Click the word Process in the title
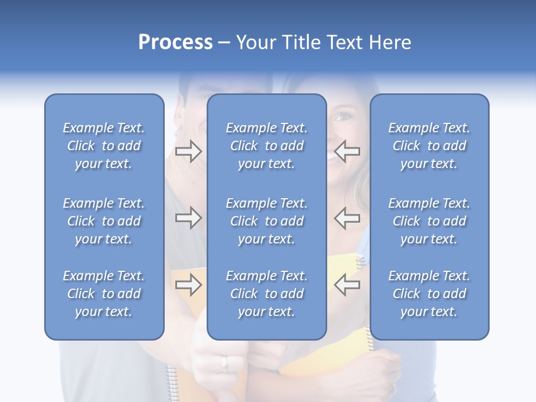pyautogui.click(x=175, y=42)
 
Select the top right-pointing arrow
pyautogui.click(x=188, y=151)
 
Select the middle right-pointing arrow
pyautogui.click(x=188, y=218)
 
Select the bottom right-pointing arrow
pyautogui.click(x=188, y=285)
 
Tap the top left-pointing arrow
pyautogui.click(x=347, y=151)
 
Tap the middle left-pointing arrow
pyautogui.click(x=347, y=218)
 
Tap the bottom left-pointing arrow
pyautogui.click(x=347, y=285)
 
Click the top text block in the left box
pyautogui.click(x=104, y=146)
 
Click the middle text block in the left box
pyautogui.click(x=104, y=221)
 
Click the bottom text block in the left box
pyautogui.click(x=104, y=294)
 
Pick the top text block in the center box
pyautogui.click(x=266, y=146)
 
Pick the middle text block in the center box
pyautogui.click(x=266, y=221)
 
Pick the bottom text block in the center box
pyautogui.click(x=266, y=294)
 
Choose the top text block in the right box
pyautogui.click(x=429, y=146)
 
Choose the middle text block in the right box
pyautogui.click(x=429, y=221)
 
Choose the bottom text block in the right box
pyautogui.click(x=429, y=294)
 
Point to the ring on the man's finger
pyautogui.click(x=224, y=363)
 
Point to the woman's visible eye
pyautogui.click(x=341, y=118)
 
